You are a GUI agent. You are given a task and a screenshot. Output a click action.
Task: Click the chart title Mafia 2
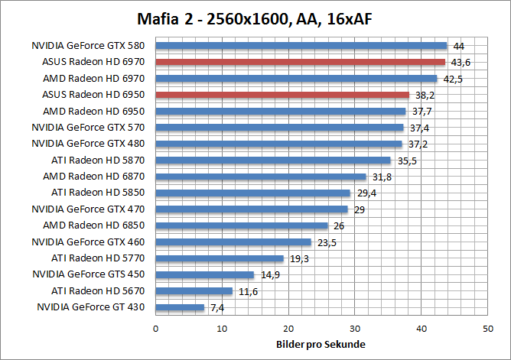tap(255, 18)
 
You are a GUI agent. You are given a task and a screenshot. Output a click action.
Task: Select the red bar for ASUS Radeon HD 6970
tap(300, 62)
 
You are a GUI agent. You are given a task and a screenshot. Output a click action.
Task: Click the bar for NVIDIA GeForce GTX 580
tap(301, 46)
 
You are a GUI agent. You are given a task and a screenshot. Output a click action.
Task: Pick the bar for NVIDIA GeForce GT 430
tap(180, 307)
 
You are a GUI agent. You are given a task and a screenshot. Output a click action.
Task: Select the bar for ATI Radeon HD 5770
tap(220, 258)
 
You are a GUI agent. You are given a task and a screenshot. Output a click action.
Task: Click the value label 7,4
tap(218, 308)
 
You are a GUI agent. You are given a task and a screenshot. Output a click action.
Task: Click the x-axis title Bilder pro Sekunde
tap(321, 344)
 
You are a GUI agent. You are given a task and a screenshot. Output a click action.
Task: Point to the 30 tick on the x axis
tap(354, 328)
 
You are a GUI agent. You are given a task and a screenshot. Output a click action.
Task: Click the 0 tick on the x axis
tap(155, 328)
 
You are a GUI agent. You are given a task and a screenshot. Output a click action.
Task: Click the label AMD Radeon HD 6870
tap(96, 177)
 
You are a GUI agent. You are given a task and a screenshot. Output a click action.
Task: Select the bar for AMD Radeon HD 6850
tap(242, 225)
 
